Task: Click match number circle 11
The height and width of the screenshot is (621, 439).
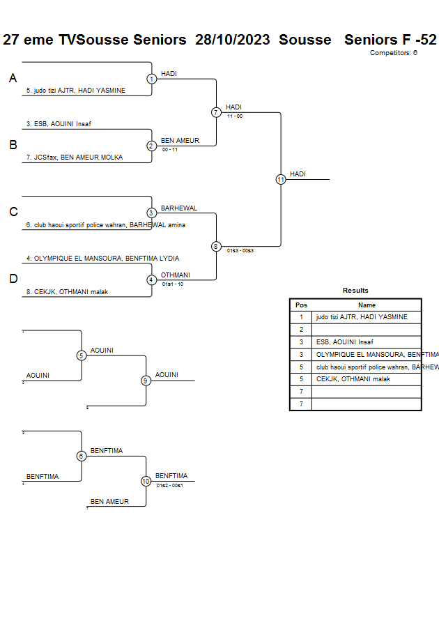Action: (x=281, y=179)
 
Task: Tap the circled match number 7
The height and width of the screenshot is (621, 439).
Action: (x=216, y=112)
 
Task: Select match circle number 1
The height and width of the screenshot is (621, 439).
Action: (x=151, y=79)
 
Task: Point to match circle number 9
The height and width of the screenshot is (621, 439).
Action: (x=146, y=381)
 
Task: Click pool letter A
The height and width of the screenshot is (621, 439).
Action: (x=13, y=79)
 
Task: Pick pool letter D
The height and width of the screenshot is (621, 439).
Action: (x=13, y=279)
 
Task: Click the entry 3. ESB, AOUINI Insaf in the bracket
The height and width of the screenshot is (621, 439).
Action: (x=59, y=124)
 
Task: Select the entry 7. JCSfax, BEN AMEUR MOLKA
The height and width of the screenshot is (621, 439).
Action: (x=74, y=158)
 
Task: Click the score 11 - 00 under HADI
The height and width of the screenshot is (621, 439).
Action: (x=235, y=116)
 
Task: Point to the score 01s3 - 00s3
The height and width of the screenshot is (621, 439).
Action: (x=240, y=250)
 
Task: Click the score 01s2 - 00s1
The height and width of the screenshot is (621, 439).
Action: (x=170, y=485)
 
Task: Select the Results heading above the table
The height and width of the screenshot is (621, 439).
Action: (x=355, y=291)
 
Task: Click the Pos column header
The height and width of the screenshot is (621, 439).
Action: (x=301, y=305)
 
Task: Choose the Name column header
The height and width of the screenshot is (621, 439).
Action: (x=367, y=305)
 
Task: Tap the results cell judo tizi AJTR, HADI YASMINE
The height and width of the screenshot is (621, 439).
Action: (x=362, y=317)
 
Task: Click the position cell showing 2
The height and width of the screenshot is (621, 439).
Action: (x=301, y=330)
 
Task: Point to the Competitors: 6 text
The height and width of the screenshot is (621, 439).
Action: (x=393, y=53)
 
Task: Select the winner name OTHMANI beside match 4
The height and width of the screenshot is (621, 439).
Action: (x=175, y=275)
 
